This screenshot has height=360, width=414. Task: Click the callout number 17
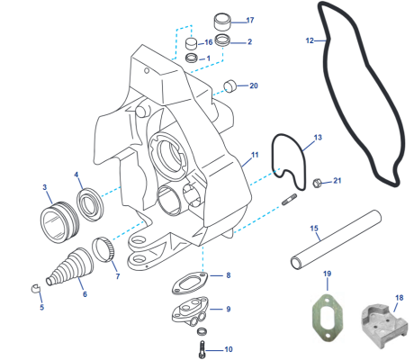249,20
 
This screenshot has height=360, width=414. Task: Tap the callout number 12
310,40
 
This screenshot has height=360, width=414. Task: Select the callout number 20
254,86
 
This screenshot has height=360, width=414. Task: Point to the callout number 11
255,155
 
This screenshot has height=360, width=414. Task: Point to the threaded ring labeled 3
59,219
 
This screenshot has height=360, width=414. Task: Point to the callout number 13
316,139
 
